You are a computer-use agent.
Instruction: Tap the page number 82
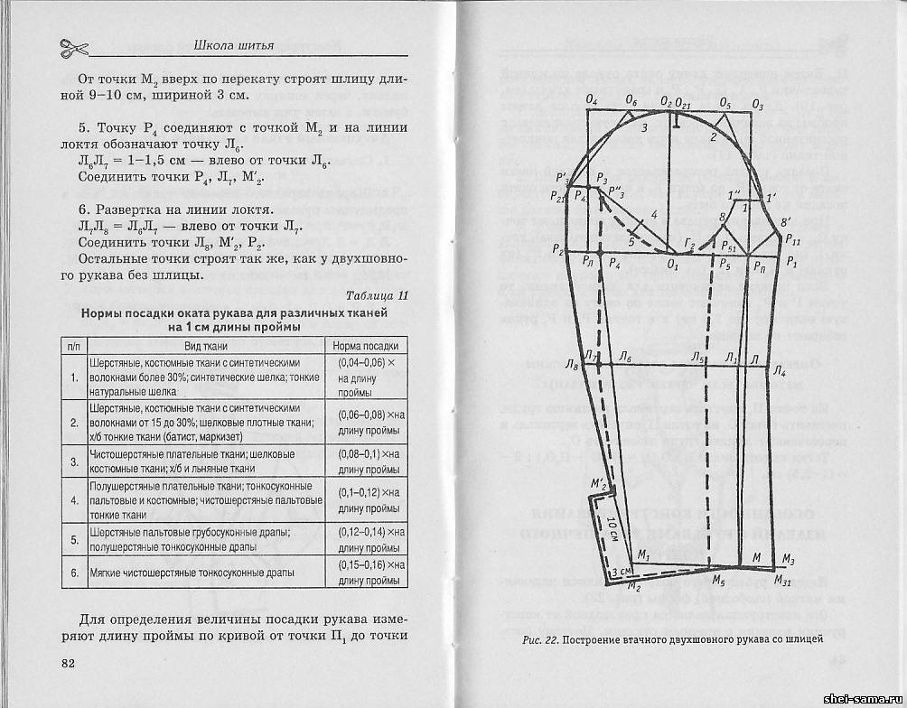[x=70, y=664]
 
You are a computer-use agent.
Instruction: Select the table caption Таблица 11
[x=377, y=295]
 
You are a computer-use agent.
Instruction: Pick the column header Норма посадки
[x=365, y=346]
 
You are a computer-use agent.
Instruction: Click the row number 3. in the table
[x=74, y=461]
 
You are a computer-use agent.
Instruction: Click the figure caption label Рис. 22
[x=540, y=639]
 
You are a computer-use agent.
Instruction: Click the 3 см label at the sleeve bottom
[x=621, y=573]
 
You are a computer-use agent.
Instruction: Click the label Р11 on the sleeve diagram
[x=792, y=242]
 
